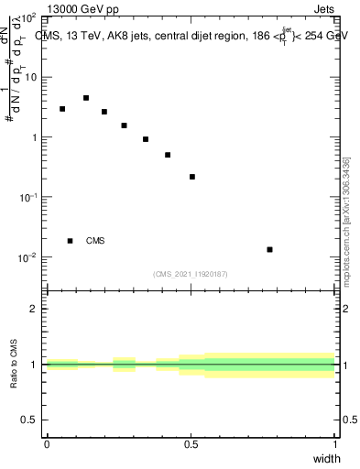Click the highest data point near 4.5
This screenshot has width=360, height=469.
pyautogui.click(x=86, y=98)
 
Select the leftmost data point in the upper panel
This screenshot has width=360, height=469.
pyautogui.click(x=62, y=109)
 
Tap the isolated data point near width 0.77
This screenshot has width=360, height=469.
pyautogui.click(x=269, y=249)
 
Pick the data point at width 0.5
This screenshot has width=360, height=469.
pyautogui.click(x=192, y=177)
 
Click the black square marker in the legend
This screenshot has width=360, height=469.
pyautogui.click(x=71, y=241)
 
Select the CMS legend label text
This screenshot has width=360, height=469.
pyautogui.click(x=95, y=241)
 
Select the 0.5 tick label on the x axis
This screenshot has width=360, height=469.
pyautogui.click(x=191, y=443)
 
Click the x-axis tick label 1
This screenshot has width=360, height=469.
pyautogui.click(x=335, y=443)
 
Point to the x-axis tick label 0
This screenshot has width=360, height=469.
pyautogui.click(x=47, y=443)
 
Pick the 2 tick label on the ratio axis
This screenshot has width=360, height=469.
pyautogui.click(x=34, y=309)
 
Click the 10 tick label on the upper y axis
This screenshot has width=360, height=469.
pyautogui.click(x=29, y=77)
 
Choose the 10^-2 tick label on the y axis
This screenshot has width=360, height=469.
pyautogui.click(x=27, y=257)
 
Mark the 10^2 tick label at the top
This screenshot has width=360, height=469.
pyautogui.click(x=27, y=17)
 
